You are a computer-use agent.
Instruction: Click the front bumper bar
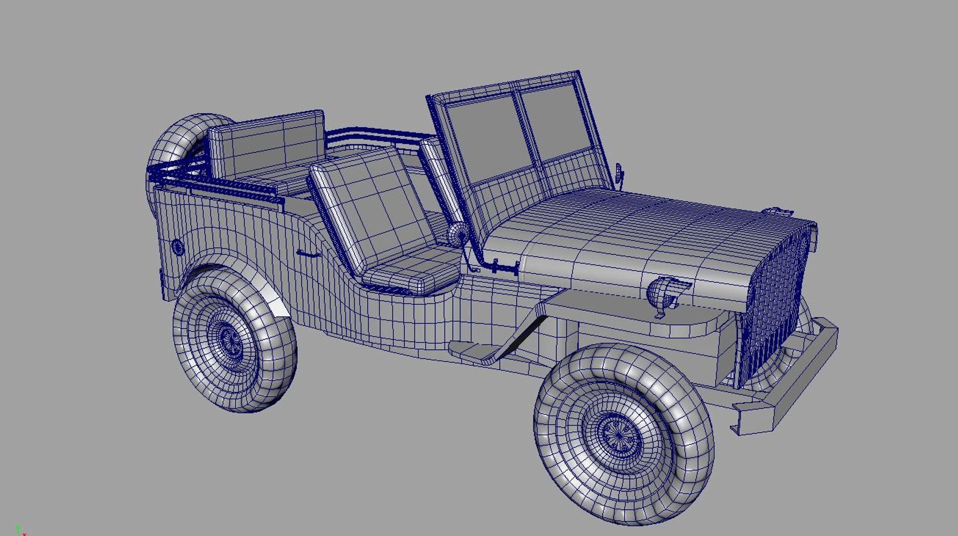tap(793, 379)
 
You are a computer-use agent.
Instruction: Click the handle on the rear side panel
tap(308, 254)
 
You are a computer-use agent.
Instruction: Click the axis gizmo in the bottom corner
tap(19, 531)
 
